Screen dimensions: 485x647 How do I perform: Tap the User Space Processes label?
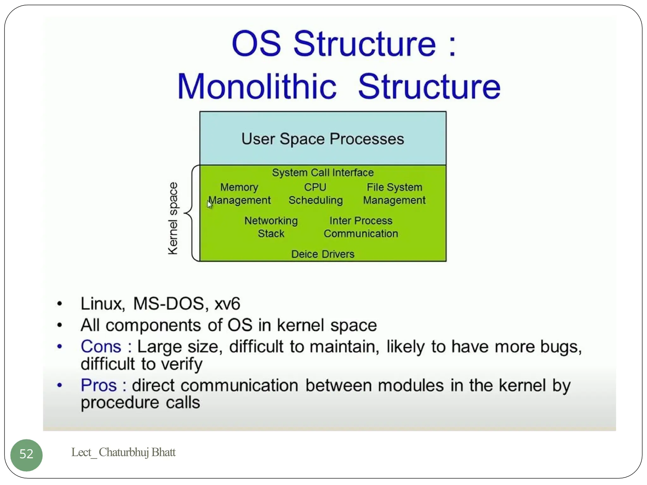click(x=323, y=139)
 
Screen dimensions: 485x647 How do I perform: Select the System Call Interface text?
click(x=323, y=173)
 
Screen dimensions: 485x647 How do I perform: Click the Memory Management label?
click(x=239, y=194)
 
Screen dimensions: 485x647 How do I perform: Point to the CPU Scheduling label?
click(x=315, y=194)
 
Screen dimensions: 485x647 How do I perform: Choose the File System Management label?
click(x=394, y=194)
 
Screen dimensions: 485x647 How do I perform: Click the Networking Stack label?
click(x=271, y=227)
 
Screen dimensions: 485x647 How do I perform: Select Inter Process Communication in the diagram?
click(x=360, y=227)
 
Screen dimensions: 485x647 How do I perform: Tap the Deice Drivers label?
click(x=323, y=254)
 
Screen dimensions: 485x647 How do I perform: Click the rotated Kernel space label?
click(x=173, y=218)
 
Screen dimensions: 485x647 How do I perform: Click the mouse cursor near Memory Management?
click(x=210, y=205)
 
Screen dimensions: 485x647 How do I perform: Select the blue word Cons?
click(x=101, y=347)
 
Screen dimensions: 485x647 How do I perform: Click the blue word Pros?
click(x=99, y=386)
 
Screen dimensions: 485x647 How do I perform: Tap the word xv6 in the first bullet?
click(x=227, y=304)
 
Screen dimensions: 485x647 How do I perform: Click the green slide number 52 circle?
click(x=26, y=455)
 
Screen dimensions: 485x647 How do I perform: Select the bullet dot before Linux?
click(x=59, y=304)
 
